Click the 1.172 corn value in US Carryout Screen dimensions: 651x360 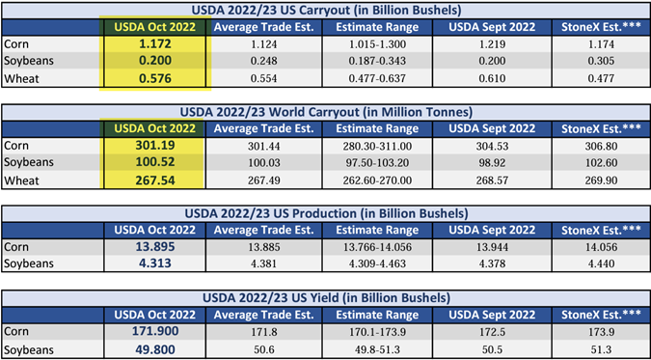point(155,43)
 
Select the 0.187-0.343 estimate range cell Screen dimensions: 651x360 point(376,61)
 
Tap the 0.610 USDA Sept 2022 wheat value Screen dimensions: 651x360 point(492,78)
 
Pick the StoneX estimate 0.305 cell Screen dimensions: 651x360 point(601,61)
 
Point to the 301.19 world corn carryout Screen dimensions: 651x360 point(155,145)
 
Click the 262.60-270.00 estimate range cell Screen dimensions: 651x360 point(376,180)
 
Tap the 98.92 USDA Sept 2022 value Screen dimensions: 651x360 point(492,163)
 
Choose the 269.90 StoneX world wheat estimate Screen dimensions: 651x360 point(601,180)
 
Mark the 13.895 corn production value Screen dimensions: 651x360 point(155,247)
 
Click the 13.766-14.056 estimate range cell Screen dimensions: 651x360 point(376,247)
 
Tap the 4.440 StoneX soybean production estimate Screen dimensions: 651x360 point(601,264)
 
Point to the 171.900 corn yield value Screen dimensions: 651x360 point(155,331)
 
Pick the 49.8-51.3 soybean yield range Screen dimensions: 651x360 point(376,350)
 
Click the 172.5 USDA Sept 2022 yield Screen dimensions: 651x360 point(492,333)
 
